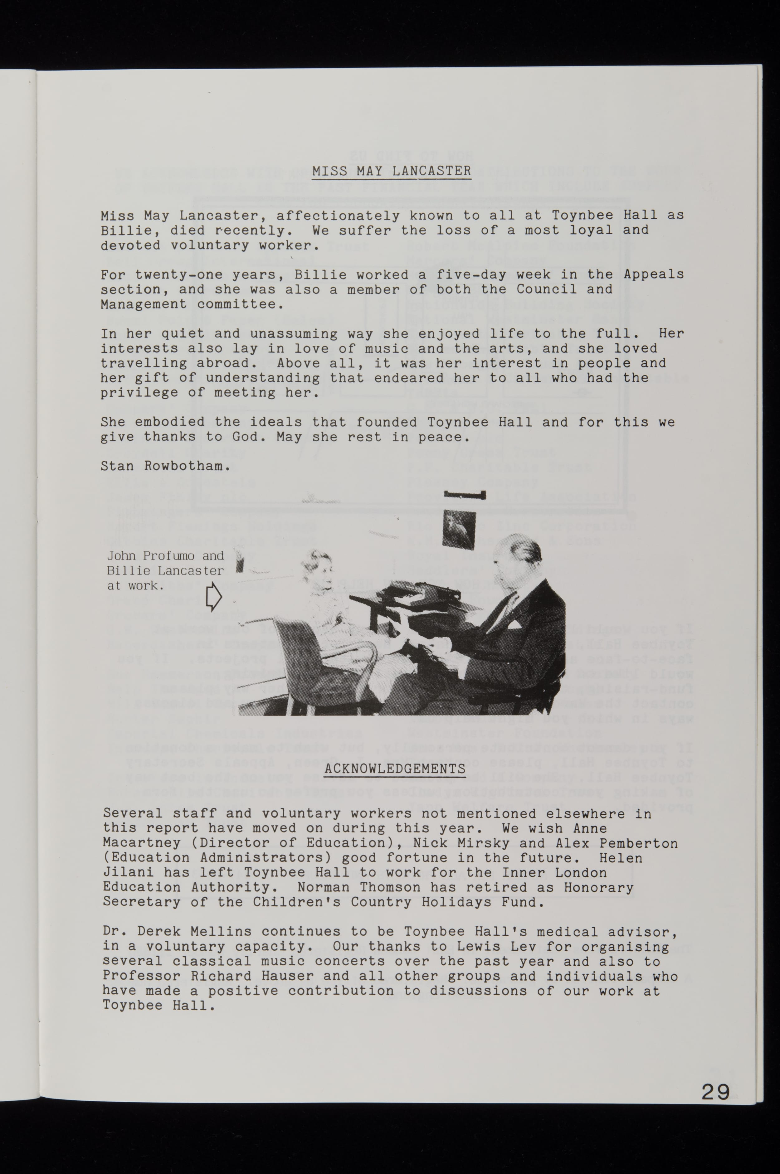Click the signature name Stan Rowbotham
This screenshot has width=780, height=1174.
click(166, 466)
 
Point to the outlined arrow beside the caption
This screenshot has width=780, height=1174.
click(213, 597)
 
